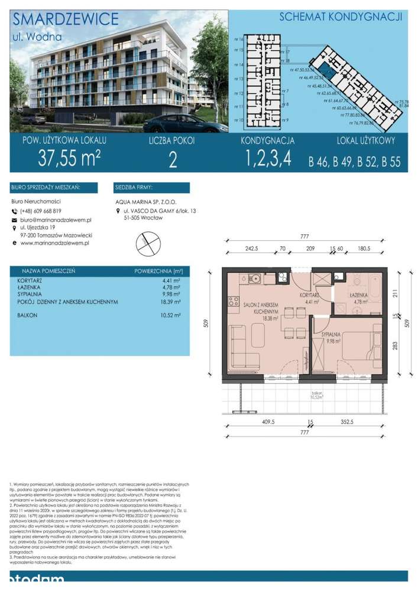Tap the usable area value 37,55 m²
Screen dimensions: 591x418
69,159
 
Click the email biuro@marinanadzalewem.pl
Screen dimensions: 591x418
56,219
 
